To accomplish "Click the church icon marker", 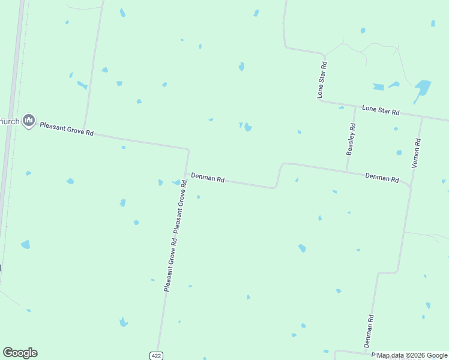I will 28,121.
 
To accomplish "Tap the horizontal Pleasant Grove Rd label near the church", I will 67,128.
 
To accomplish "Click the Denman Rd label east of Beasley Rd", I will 382,178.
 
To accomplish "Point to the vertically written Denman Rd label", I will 369,331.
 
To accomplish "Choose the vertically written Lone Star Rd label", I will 322,79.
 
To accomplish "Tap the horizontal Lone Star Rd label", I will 381,110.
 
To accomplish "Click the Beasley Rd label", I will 352,139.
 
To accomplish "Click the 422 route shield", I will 157,356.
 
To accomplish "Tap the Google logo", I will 20,353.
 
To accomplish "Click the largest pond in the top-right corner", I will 423,88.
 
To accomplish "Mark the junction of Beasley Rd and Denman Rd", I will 347,172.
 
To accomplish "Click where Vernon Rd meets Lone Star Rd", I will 422,117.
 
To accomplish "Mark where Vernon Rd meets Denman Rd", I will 411,186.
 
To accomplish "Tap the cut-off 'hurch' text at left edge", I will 10,121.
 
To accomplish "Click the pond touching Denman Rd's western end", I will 177,182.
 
